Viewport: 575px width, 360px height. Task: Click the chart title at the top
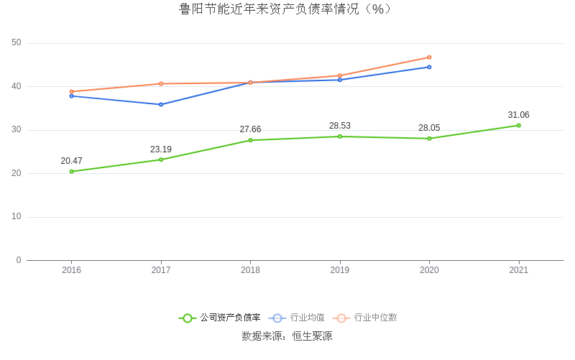(287, 9)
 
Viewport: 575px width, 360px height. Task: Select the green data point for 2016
(72, 172)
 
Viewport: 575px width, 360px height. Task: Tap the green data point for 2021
(518, 126)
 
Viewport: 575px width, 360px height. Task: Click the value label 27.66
(250, 129)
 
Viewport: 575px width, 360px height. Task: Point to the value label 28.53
(340, 126)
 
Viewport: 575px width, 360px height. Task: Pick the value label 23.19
(161, 149)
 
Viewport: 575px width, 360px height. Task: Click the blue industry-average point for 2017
(161, 105)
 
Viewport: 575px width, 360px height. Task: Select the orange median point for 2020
(429, 57)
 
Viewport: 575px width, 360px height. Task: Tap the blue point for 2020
(429, 67)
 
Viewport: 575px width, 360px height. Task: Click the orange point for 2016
(72, 92)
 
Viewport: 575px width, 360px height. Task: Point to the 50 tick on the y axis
(17, 43)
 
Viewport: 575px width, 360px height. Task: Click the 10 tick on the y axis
(17, 217)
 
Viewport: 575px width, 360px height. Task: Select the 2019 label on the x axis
(340, 270)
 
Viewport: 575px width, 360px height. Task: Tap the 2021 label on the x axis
(518, 270)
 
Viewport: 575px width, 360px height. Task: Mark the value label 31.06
(518, 115)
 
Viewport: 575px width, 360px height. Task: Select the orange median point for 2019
(340, 75)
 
